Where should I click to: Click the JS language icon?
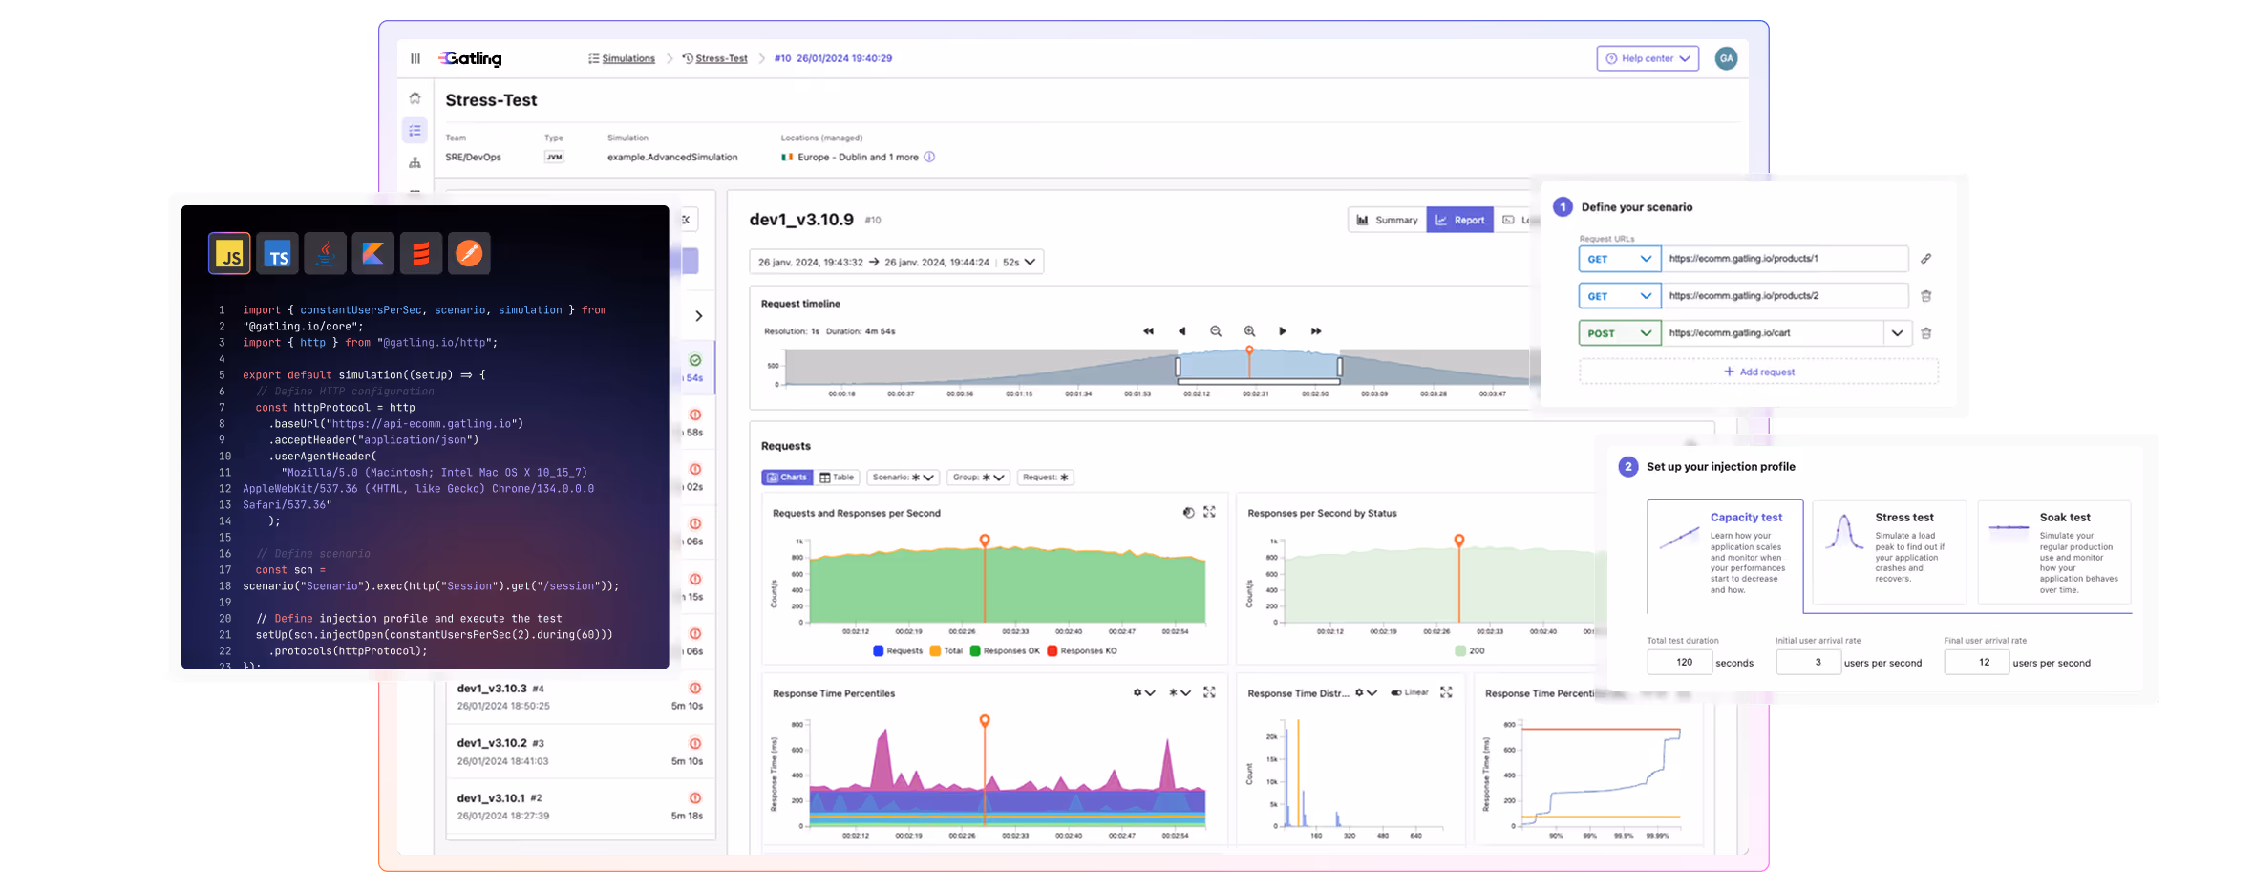pos(229,254)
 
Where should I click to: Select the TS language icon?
pos(278,254)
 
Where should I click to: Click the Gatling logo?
pos(471,58)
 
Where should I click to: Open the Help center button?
pos(1648,58)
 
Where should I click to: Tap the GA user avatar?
pos(1726,58)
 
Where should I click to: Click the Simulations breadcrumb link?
pos(627,58)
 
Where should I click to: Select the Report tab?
pos(1459,220)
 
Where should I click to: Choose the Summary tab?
pos(1387,220)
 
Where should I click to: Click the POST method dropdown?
pos(1619,333)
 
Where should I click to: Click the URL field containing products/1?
pos(1783,258)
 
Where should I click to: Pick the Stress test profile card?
pos(1888,551)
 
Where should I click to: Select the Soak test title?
pos(2065,517)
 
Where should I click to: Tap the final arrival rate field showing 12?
pos(1976,662)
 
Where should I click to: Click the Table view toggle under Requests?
pos(837,478)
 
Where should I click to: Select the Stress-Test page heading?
pos(491,100)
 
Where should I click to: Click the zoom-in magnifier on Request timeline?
pos(1249,331)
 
